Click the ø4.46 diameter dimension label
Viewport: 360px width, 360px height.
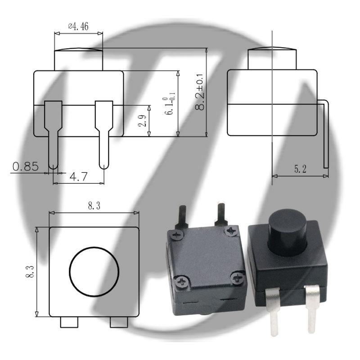78,27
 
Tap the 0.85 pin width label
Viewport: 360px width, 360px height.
25,166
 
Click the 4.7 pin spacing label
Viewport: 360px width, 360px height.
78,177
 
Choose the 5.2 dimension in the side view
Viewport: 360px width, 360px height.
300,169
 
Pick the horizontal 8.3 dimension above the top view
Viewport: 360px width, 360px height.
94,207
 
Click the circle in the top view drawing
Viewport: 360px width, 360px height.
94,271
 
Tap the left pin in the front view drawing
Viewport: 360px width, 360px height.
53,135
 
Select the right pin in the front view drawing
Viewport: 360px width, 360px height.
103,135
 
